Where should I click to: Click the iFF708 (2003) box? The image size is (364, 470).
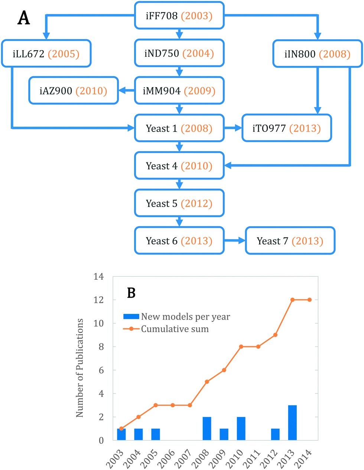179,16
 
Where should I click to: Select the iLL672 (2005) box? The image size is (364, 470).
46,54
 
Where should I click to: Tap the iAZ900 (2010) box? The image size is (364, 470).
74,91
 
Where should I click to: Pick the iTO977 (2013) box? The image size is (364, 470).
286,128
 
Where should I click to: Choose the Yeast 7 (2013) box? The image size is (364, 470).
290,241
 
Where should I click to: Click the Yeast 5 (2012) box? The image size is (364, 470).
179,203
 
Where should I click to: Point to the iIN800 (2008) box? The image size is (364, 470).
318,54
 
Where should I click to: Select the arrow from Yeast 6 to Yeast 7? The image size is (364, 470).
235,241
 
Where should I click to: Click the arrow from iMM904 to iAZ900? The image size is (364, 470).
126,91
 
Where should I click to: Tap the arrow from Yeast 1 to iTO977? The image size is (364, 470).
233,128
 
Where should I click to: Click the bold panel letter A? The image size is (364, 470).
24,17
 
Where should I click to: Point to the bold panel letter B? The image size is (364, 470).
131,293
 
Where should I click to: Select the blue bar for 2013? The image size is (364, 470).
292,423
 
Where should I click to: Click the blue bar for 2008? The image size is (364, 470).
207,429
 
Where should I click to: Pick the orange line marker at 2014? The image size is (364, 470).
309,300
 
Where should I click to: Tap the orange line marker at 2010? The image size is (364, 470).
241,347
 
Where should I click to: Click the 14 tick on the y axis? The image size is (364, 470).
99,277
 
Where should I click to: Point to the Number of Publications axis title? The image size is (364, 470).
80,368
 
